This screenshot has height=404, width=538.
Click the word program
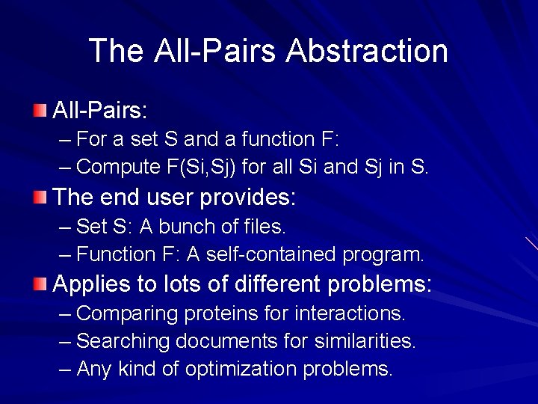click(x=383, y=254)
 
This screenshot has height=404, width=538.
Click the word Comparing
click(x=126, y=313)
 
